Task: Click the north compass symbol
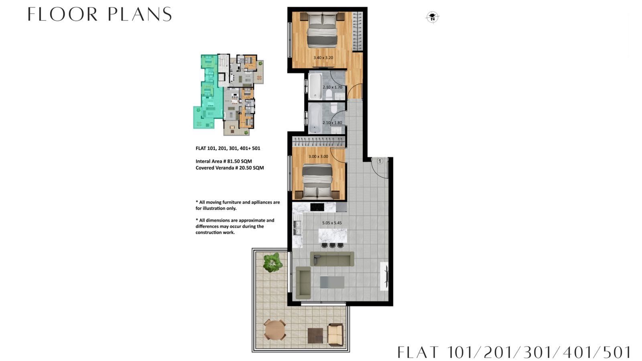click(433, 17)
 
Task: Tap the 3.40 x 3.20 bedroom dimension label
click(323, 58)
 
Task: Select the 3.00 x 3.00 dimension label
click(318, 157)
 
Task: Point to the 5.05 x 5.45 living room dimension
click(332, 223)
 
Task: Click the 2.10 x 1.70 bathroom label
click(333, 87)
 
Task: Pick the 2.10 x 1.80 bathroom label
click(332, 123)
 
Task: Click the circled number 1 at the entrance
click(380, 161)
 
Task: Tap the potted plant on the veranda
click(272, 262)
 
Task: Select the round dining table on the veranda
click(274, 330)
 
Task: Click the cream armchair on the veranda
click(335, 334)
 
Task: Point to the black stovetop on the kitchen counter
click(317, 207)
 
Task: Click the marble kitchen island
click(333, 236)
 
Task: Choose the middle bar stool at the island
click(333, 245)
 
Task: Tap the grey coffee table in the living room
click(332, 282)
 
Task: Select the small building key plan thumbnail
click(228, 95)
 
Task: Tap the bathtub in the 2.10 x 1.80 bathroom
click(315, 118)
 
